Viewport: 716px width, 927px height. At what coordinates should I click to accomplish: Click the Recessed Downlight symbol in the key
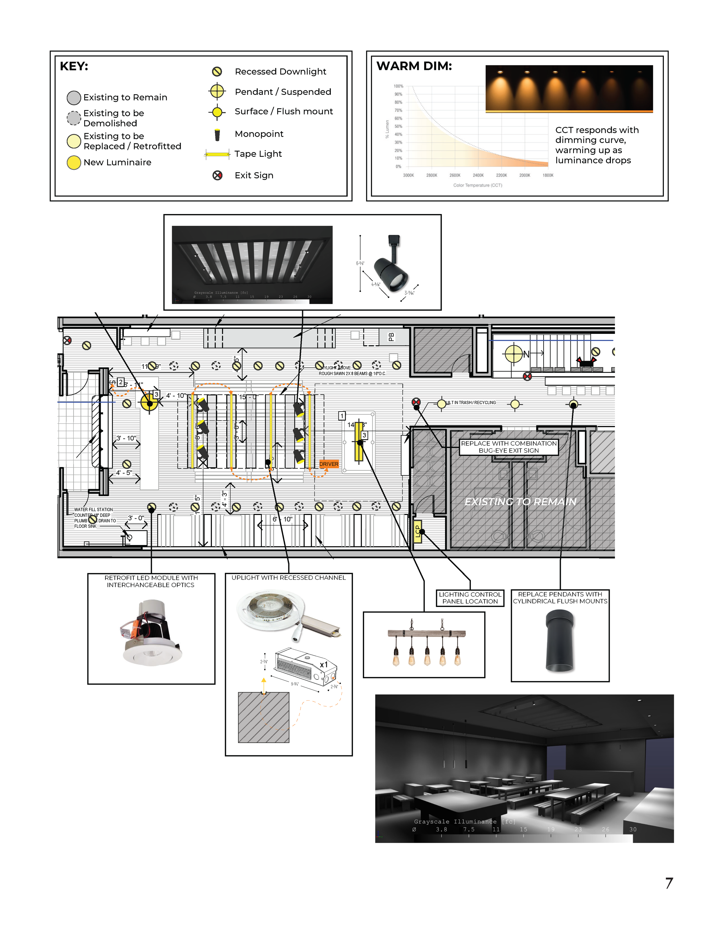click(217, 71)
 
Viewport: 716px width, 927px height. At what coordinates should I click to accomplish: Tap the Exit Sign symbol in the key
click(217, 175)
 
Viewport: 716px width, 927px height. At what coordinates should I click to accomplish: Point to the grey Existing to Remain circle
click(74, 98)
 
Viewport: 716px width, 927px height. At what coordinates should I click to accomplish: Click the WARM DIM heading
click(414, 66)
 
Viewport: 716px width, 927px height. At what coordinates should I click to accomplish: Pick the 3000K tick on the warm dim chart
click(408, 175)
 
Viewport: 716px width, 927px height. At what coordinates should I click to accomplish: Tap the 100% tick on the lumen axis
click(398, 86)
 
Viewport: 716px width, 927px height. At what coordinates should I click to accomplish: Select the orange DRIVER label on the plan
click(329, 464)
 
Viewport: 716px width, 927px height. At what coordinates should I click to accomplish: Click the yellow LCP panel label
click(417, 531)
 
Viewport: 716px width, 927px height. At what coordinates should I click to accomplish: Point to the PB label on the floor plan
click(391, 337)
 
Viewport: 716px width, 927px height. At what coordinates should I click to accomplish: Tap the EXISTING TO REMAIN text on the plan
click(520, 502)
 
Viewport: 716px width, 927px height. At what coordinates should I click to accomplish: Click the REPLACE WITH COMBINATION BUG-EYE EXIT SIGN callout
click(509, 447)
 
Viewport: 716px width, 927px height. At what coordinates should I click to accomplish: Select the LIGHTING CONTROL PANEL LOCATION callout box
click(470, 598)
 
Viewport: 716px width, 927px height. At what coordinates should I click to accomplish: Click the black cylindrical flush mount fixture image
click(560, 641)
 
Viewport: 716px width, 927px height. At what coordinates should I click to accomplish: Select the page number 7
click(669, 883)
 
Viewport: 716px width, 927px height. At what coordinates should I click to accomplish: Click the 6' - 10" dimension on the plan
click(282, 519)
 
